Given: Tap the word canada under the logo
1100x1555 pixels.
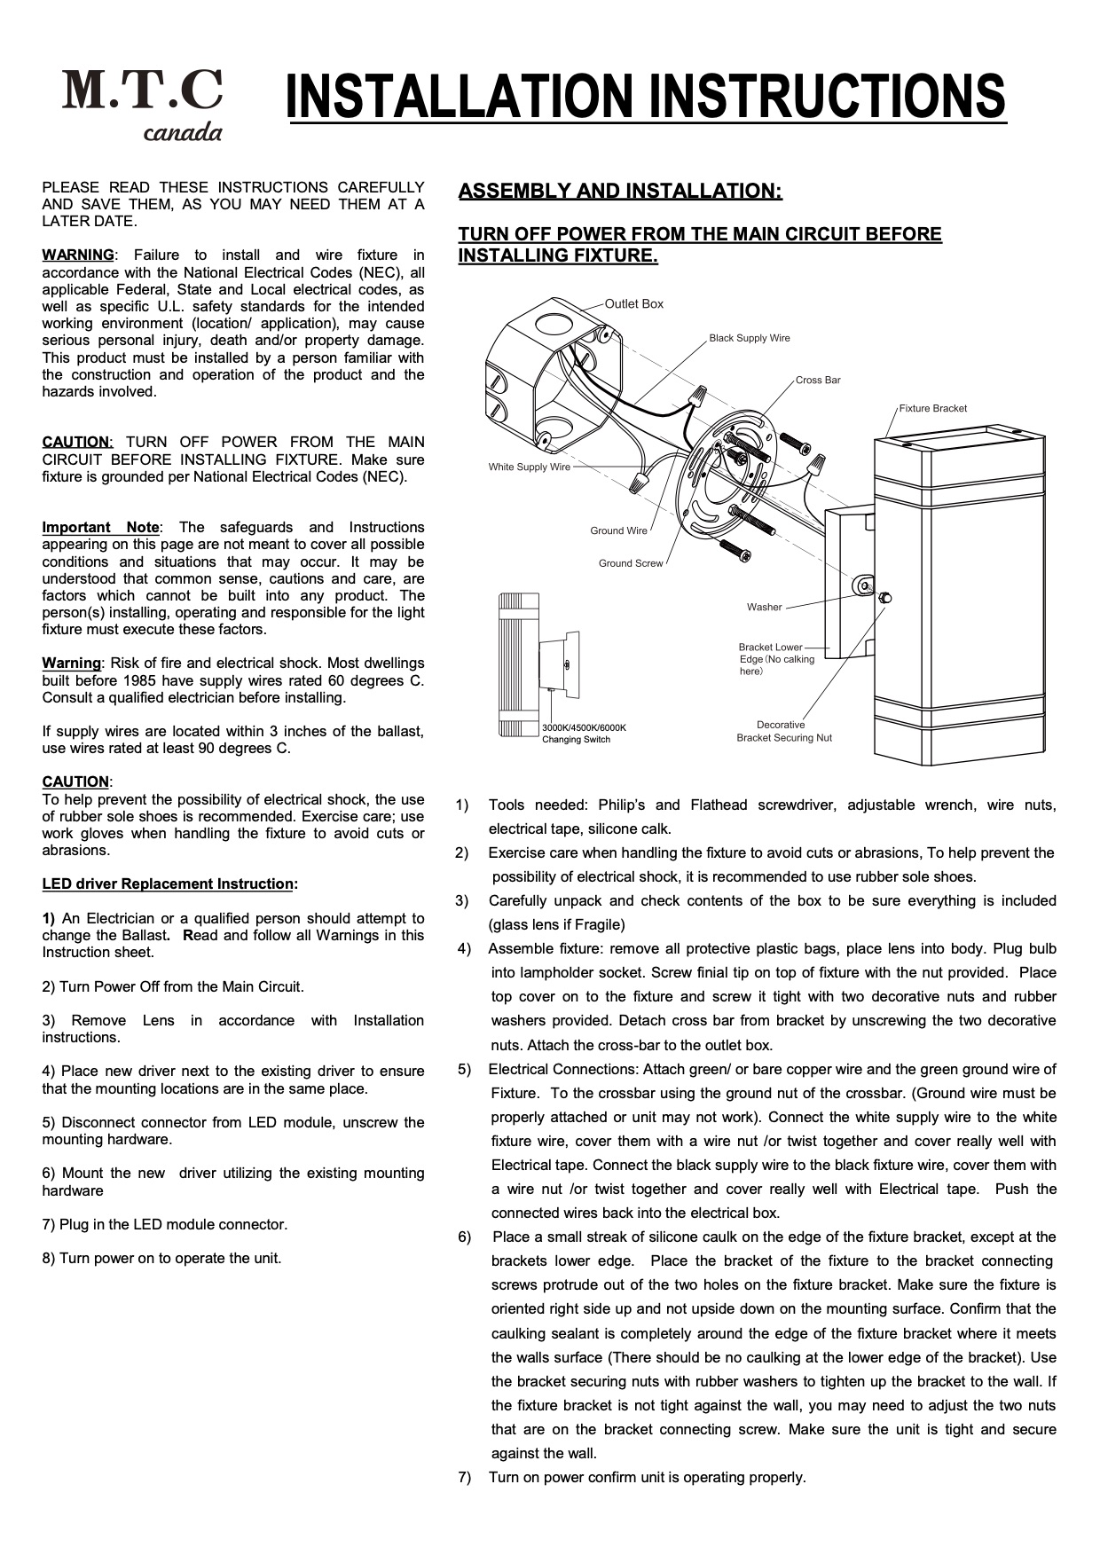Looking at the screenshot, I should click(183, 133).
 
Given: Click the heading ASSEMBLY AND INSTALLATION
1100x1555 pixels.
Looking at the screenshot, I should click(620, 192).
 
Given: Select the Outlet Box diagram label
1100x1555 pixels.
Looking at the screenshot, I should click(633, 304).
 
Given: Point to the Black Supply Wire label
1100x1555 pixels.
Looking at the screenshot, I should click(749, 338).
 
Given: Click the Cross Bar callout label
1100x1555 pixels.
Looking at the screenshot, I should click(817, 381).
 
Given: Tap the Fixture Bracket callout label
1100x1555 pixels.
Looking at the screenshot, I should click(932, 409).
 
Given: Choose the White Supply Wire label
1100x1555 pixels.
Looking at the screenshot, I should click(529, 467).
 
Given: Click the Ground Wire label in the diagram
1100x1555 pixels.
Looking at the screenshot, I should click(618, 531).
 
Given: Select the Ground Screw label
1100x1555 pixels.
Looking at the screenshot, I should click(630, 564).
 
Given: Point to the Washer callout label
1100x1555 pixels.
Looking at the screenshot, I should click(764, 608).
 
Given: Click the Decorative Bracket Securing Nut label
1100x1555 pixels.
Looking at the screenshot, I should click(783, 732).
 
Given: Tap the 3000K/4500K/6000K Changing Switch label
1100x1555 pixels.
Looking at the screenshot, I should click(584, 734).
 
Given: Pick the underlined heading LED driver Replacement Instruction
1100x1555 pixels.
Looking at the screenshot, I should click(168, 884).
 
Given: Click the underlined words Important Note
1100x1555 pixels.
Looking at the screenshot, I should click(100, 528).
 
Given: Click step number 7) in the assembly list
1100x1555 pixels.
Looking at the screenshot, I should click(464, 1478).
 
